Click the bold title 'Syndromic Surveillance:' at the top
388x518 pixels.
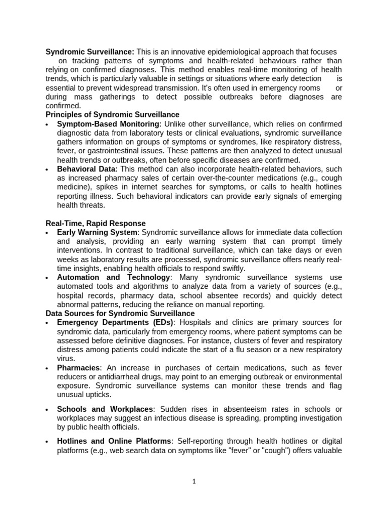90,52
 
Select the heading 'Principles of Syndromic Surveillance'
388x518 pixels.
112,115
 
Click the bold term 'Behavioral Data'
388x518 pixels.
86,169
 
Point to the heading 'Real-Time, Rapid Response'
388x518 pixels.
95,223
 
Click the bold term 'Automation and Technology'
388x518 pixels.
113,277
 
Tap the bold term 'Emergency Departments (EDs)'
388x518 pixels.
115,322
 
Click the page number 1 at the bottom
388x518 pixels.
193,482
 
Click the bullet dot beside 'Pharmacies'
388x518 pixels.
47,368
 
